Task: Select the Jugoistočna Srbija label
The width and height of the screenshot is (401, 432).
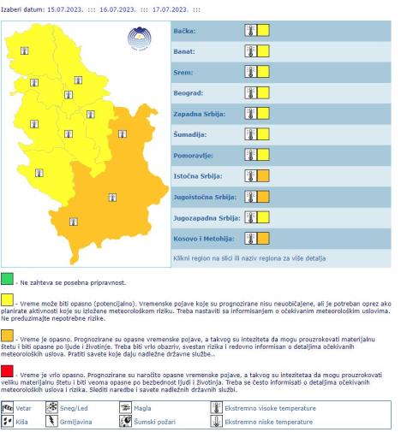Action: click(202, 198)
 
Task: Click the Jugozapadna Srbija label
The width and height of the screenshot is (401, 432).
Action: click(204, 218)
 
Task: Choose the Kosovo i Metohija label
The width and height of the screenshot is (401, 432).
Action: click(200, 239)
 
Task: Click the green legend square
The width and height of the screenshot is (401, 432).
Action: click(8, 280)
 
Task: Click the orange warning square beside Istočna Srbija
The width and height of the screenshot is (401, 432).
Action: click(263, 177)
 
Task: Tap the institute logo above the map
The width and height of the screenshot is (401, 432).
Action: click(138, 38)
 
